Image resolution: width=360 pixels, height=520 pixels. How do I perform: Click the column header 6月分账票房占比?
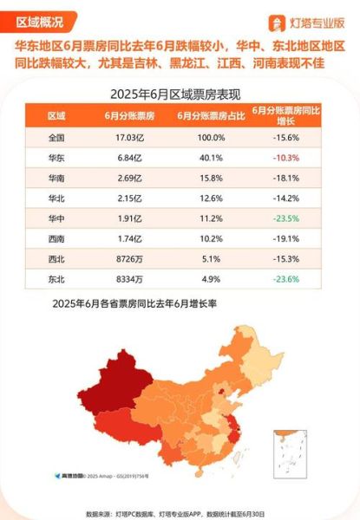[203, 115]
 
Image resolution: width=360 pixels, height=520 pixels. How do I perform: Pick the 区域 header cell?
[56, 115]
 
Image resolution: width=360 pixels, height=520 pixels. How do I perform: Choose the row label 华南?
[56, 178]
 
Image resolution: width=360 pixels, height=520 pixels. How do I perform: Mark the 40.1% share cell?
[203, 157]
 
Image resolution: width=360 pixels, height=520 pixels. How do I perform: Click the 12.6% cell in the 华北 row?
[203, 198]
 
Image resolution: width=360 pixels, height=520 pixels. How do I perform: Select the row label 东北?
[56, 279]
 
